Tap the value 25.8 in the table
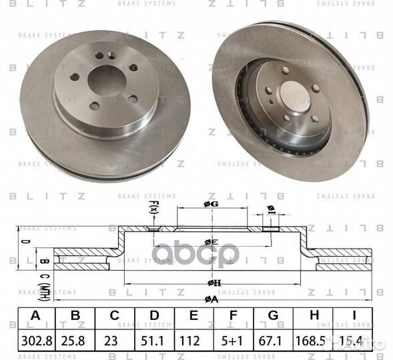coord(77,341)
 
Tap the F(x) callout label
coord(153,209)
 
